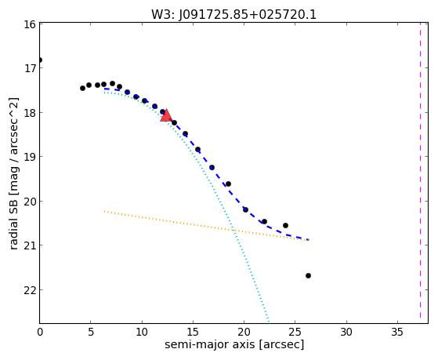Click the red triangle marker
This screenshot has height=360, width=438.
pyautogui.click(x=166, y=115)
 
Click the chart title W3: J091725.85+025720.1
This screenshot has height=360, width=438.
pyautogui.click(x=233, y=14)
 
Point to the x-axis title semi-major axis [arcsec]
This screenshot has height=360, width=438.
pyautogui.click(x=234, y=344)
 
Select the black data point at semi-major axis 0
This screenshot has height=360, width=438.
pyautogui.click(x=40, y=60)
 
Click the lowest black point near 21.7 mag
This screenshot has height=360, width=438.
pyautogui.click(x=308, y=276)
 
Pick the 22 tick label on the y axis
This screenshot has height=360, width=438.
pyautogui.click(x=30, y=290)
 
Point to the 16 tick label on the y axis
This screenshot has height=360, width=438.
pyautogui.click(x=30, y=24)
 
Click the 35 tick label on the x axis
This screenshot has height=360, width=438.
pyautogui.click(x=397, y=332)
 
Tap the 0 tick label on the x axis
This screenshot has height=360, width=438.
pyautogui.click(x=40, y=332)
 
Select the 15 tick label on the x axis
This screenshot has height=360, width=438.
pyautogui.click(x=193, y=332)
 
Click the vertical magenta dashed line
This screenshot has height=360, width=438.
pyautogui.click(x=420, y=171)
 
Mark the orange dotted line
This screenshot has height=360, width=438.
pyautogui.click(x=206, y=226)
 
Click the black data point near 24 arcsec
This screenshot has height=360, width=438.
pyautogui.click(x=285, y=225)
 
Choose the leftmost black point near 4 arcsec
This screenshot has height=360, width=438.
pyautogui.click(x=82, y=88)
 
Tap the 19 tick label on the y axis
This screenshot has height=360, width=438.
pyautogui.click(x=30, y=157)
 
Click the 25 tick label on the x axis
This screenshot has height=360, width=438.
pyautogui.click(x=295, y=332)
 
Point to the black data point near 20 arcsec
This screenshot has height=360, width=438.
pyautogui.click(x=245, y=209)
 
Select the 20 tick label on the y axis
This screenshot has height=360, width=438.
pyautogui.click(x=30, y=202)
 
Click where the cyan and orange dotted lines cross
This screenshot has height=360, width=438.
pyautogui.click(x=233, y=231)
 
